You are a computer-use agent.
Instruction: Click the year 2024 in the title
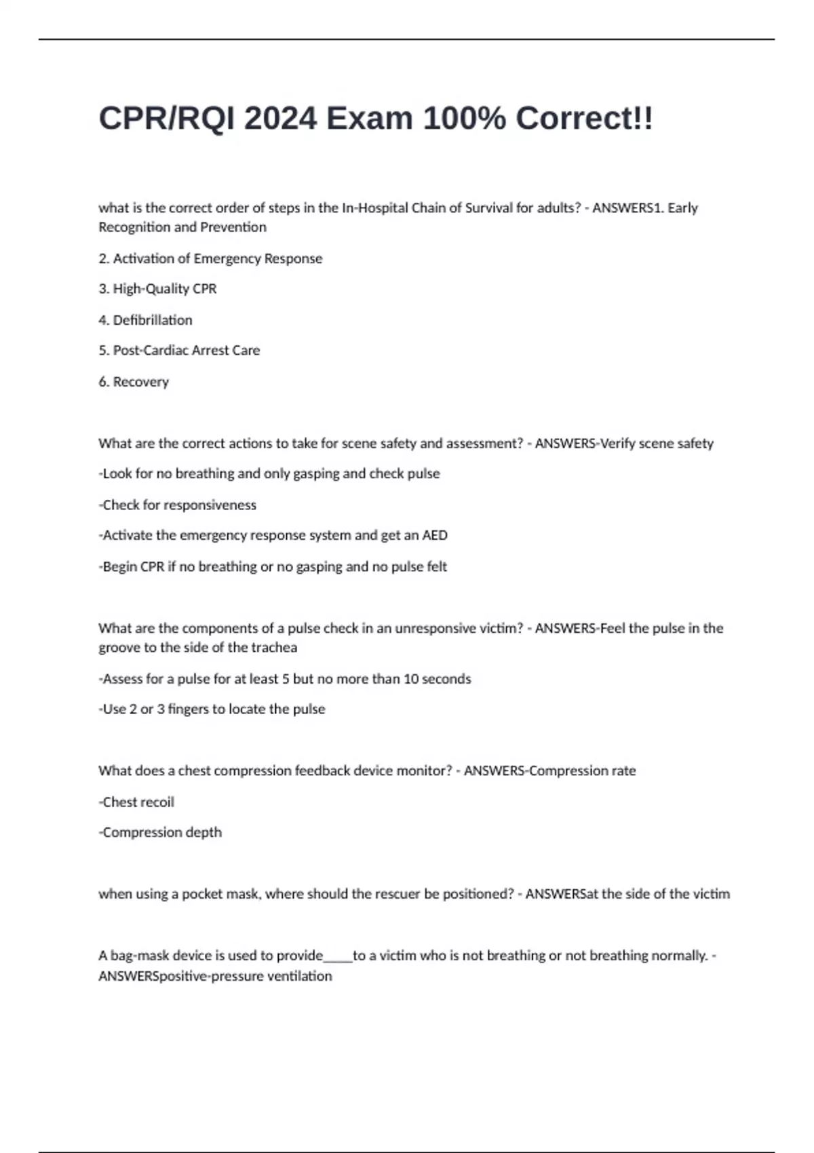(280, 119)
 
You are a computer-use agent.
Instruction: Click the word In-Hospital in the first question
(374, 208)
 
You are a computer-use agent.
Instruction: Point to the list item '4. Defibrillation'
(145, 320)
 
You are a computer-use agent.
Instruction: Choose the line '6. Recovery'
(134, 382)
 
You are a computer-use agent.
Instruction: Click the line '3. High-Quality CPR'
(157, 289)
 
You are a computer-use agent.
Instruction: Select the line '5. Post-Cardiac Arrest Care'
(179, 351)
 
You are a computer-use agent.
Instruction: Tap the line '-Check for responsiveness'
(178, 505)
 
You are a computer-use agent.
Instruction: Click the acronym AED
(434, 535)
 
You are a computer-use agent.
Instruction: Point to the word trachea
(274, 648)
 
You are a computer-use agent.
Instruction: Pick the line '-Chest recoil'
(136, 802)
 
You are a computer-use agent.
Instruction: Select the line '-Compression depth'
(160, 832)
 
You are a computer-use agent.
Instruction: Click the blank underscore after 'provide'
(338, 956)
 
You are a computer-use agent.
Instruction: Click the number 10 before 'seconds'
(411, 679)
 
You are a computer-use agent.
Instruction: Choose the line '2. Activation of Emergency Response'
(210, 258)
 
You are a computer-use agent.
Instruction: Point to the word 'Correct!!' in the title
(584, 119)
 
